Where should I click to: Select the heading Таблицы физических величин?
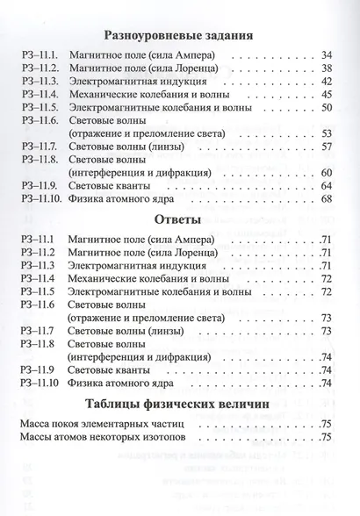point(179,405)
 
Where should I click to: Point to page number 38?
point(325,68)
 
